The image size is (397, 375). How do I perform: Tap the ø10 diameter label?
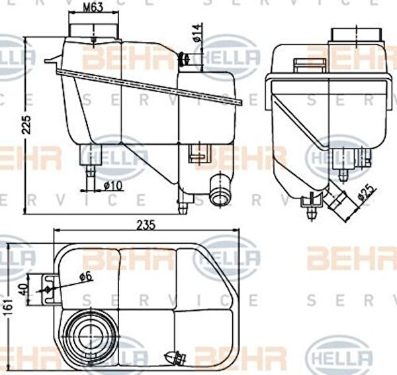point(113,186)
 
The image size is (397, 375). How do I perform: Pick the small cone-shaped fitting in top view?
point(176,356)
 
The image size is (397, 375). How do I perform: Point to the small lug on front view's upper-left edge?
point(51,62)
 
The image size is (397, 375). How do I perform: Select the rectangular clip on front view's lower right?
point(197,154)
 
